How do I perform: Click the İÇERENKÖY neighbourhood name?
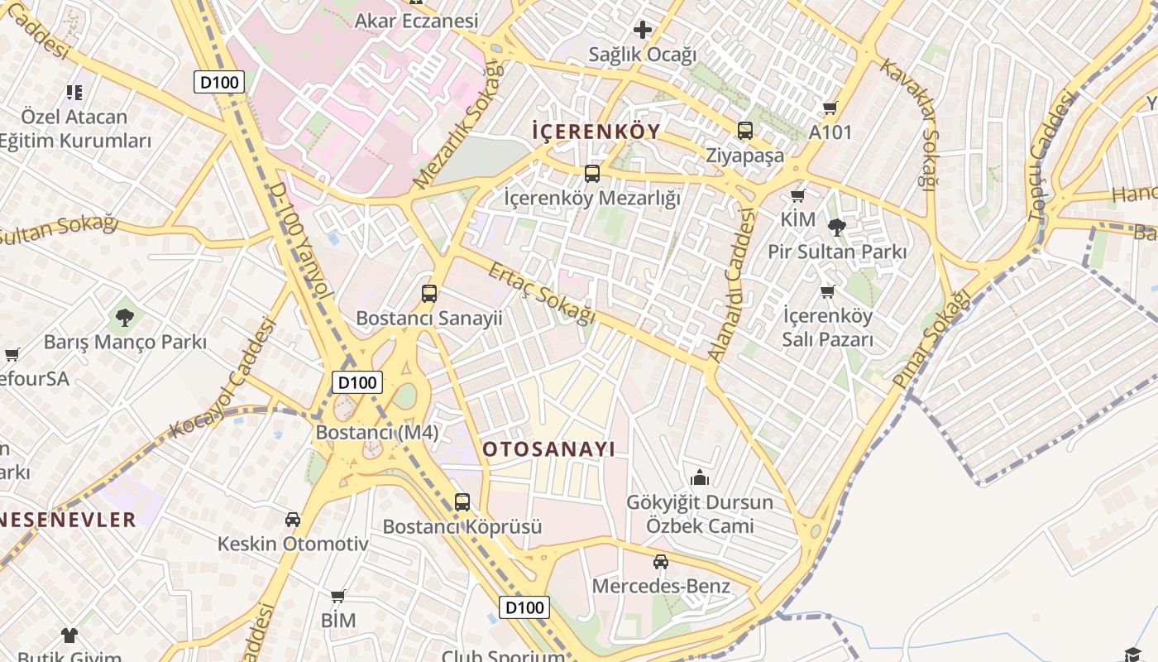pos(596,131)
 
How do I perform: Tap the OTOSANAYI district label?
pos(548,449)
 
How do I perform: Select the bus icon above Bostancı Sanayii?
pos(428,293)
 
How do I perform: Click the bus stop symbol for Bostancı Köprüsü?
pos(462,501)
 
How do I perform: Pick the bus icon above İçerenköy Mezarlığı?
pos(591,173)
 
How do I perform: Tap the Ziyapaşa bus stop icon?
pos(744,130)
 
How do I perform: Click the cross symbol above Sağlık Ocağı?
pos(642,30)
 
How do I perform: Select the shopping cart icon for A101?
pos(830,108)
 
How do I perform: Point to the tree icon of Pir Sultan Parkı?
pos(836,227)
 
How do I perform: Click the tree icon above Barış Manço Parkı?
pos(125,316)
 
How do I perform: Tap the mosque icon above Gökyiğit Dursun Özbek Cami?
pos(699,477)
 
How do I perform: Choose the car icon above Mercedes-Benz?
pos(660,562)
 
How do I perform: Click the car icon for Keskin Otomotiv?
pos(292,520)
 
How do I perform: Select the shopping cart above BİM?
pos(337,596)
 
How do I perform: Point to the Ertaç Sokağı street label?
pos(542,293)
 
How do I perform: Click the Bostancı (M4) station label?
pos(377,432)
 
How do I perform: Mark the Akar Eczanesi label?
pos(416,21)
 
